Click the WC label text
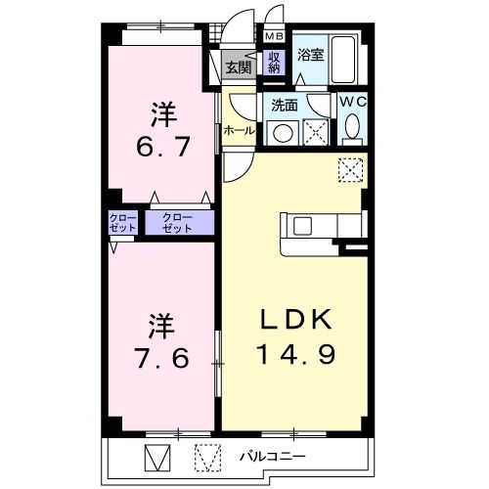pos(353,100)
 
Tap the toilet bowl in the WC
pos(353,127)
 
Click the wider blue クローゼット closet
pos(179,221)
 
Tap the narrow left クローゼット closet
pos(123,221)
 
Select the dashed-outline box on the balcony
pos(207,457)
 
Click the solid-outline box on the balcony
pos(157,457)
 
